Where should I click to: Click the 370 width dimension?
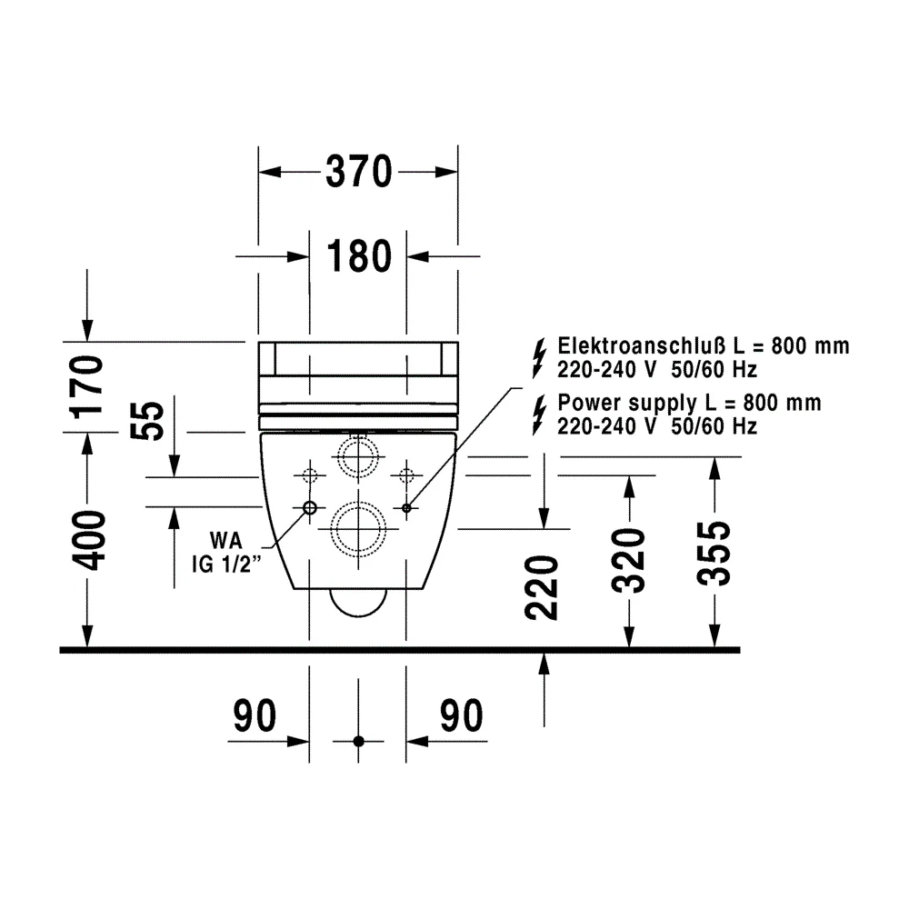pyautogui.click(x=359, y=172)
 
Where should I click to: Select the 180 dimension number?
pyautogui.click(x=359, y=256)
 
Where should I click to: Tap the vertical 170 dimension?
pyautogui.click(x=87, y=386)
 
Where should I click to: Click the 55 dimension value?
pyautogui.click(x=147, y=420)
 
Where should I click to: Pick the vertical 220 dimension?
pyautogui.click(x=542, y=587)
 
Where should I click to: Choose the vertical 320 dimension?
pyautogui.click(x=628, y=561)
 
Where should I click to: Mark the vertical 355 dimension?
pyautogui.click(x=714, y=554)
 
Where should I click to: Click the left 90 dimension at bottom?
pyautogui.click(x=255, y=716)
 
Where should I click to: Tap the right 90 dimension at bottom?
pyautogui.click(x=462, y=716)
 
